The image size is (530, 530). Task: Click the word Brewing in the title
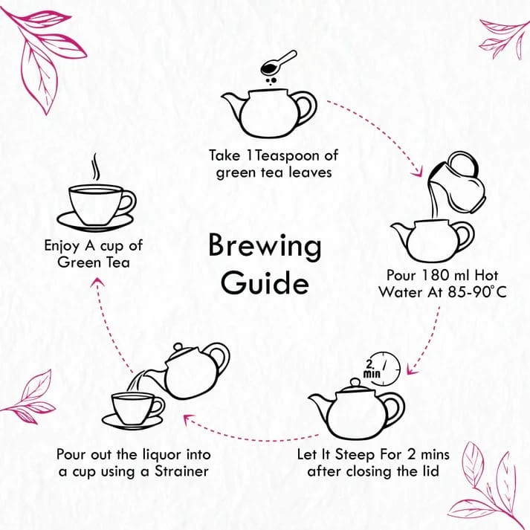pyautogui.click(x=265, y=247)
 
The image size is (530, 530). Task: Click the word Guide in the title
pyautogui.click(x=265, y=283)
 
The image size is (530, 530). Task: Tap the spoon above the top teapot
pyautogui.click(x=279, y=63)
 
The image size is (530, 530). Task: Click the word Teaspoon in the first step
pyautogui.click(x=288, y=156)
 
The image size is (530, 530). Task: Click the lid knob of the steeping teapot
pyautogui.click(x=355, y=382)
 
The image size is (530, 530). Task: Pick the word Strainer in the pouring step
pyautogui.click(x=181, y=471)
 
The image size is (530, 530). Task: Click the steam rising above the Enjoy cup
pyautogui.click(x=97, y=167)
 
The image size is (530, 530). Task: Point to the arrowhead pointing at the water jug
pyautogui.click(x=418, y=172)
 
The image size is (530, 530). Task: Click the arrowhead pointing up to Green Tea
pyautogui.click(x=98, y=283)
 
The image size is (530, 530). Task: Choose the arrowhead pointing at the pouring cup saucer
pyautogui.click(x=190, y=419)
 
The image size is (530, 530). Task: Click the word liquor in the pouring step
pyautogui.click(x=162, y=456)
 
